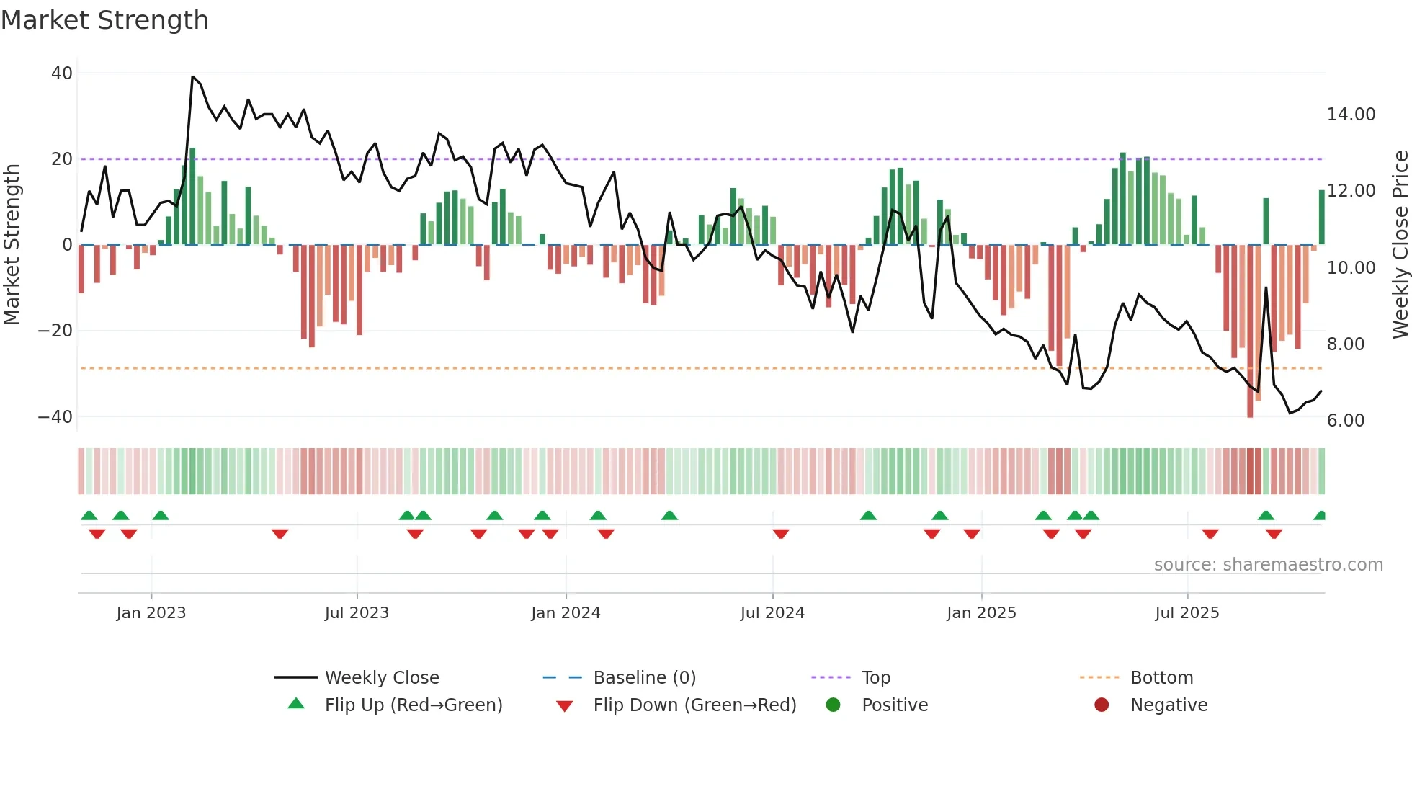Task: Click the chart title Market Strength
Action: [x=104, y=20]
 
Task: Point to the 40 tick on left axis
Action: [x=62, y=73]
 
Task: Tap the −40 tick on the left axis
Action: [x=55, y=416]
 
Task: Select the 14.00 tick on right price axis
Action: [x=1351, y=115]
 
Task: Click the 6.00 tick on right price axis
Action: [x=1345, y=421]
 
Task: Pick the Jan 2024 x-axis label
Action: [x=566, y=613]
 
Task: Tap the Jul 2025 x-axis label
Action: [x=1187, y=613]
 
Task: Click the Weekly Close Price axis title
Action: [x=1400, y=245]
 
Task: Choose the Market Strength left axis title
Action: [x=12, y=245]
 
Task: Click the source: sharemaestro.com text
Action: [x=1268, y=565]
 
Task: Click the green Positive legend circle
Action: [x=834, y=705]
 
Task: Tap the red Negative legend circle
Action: [x=1102, y=705]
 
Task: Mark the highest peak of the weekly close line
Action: [x=192, y=77]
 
